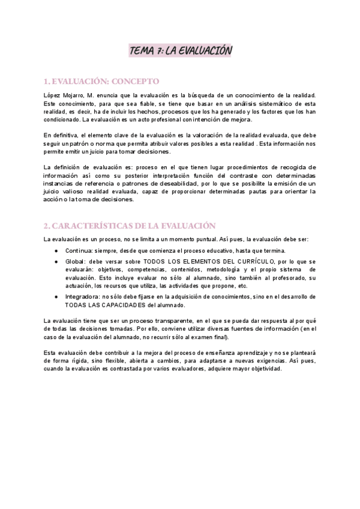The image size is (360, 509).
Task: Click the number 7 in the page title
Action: [161, 52]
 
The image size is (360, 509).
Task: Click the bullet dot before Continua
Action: [56, 250]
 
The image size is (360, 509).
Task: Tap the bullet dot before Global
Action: [56, 262]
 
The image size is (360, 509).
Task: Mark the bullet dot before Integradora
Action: [56, 297]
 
